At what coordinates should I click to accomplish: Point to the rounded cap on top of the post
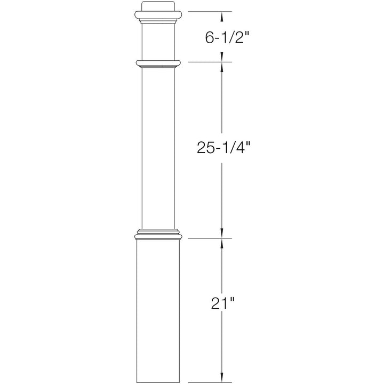(158, 10)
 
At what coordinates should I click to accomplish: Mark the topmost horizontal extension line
(208, 12)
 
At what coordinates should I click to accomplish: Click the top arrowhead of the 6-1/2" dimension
(223, 15)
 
